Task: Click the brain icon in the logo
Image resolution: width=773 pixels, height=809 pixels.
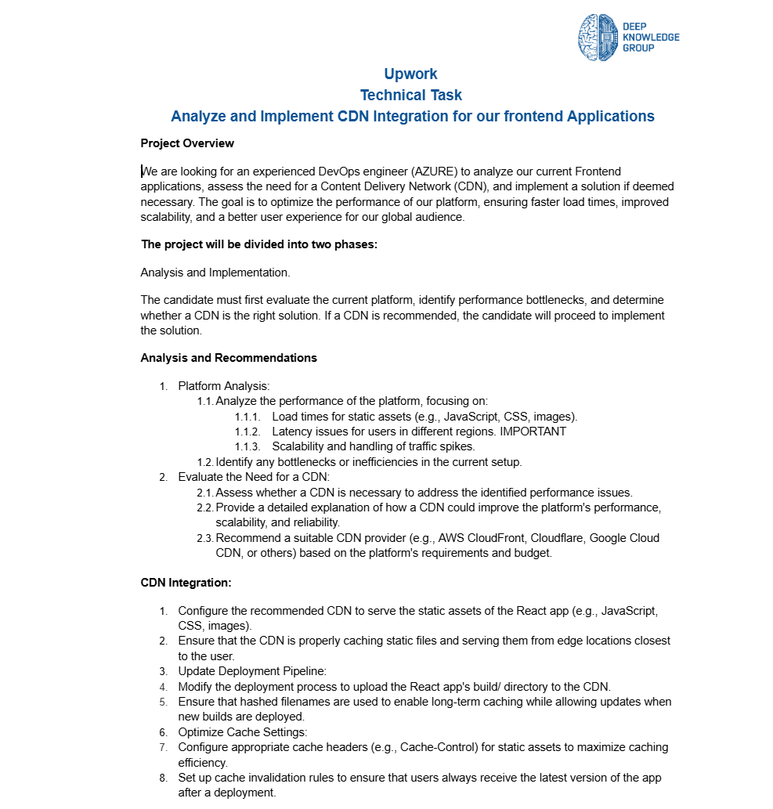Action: coord(598,38)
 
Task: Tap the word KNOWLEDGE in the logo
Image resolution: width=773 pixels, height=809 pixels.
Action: coord(651,37)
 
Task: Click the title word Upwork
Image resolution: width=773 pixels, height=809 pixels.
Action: coord(410,74)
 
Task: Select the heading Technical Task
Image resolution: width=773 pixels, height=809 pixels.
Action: coord(410,96)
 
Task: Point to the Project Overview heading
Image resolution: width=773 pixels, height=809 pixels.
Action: coord(187,143)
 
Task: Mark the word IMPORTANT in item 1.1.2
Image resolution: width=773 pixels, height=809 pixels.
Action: coord(533,432)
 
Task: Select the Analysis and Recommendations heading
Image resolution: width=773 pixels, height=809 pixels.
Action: coord(229,358)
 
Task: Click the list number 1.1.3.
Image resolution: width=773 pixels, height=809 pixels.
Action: coord(247,447)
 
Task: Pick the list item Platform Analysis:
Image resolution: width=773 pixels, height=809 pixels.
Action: coord(224,386)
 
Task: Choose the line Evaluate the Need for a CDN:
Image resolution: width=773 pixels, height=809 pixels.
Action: coord(255,477)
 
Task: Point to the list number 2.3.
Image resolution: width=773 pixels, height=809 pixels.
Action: coord(204,538)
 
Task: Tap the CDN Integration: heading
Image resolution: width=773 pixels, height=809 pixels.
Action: coord(186,583)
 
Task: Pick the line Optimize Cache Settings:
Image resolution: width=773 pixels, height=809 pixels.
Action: coord(244,732)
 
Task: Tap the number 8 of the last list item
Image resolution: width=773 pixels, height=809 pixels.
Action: coord(164,778)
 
